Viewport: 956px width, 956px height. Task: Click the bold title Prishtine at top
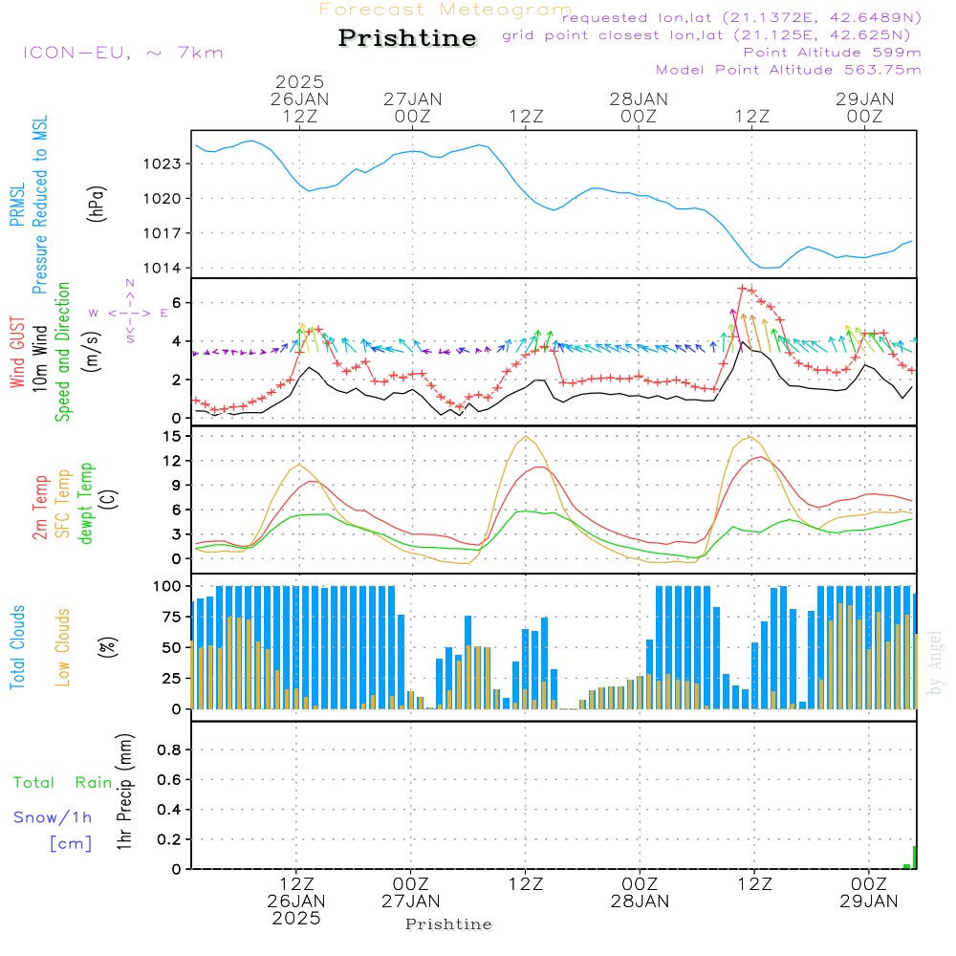[x=407, y=38]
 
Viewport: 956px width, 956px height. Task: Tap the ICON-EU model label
[x=122, y=53]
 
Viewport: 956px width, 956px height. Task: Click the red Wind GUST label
[x=17, y=355]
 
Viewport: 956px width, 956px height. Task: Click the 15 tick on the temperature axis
[x=172, y=437]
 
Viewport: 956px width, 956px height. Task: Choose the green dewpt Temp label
[x=86, y=503]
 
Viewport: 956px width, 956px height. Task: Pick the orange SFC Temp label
[x=63, y=503]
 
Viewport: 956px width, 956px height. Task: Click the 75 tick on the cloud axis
[x=168, y=617]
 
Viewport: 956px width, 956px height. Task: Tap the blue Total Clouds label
[x=17, y=647]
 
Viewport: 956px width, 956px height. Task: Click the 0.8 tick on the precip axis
[x=169, y=750]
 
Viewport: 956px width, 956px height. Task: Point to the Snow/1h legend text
[x=53, y=817]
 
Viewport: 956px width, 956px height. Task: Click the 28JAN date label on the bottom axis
[x=639, y=900]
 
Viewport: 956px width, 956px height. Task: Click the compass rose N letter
[x=130, y=284]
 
